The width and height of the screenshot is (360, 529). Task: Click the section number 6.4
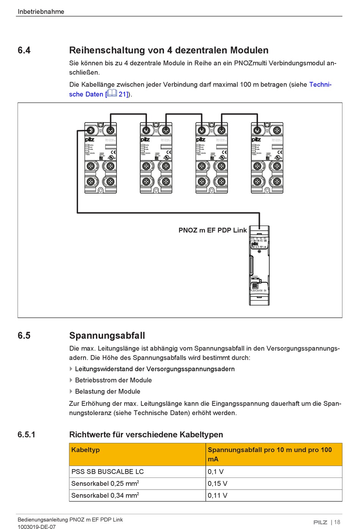point(24,50)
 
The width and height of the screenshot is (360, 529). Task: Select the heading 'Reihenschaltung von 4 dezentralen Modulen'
point(169,50)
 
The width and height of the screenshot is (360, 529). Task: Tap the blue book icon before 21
point(112,94)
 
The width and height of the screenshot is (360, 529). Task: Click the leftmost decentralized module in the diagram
point(100,158)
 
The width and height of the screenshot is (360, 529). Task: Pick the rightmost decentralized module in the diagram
point(267,158)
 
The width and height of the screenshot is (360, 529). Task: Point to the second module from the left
point(156,158)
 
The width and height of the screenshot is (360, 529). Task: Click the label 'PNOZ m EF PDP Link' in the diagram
point(213,230)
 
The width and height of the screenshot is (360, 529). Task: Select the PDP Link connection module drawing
point(259,265)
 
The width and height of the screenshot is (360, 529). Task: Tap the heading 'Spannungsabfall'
point(107,336)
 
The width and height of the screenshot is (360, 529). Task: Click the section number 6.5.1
point(26,435)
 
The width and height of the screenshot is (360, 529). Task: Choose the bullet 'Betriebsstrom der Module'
point(113,380)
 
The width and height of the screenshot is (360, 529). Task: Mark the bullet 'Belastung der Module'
point(108,392)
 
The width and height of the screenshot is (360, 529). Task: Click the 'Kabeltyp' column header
point(86,450)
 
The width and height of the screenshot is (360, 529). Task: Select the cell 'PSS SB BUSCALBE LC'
point(108,472)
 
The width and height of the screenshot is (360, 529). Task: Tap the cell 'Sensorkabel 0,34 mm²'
point(105,495)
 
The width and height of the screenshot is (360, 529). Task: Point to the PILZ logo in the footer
point(320,522)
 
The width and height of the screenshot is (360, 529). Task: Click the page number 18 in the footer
point(337,522)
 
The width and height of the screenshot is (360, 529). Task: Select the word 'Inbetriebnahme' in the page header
point(41,12)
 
